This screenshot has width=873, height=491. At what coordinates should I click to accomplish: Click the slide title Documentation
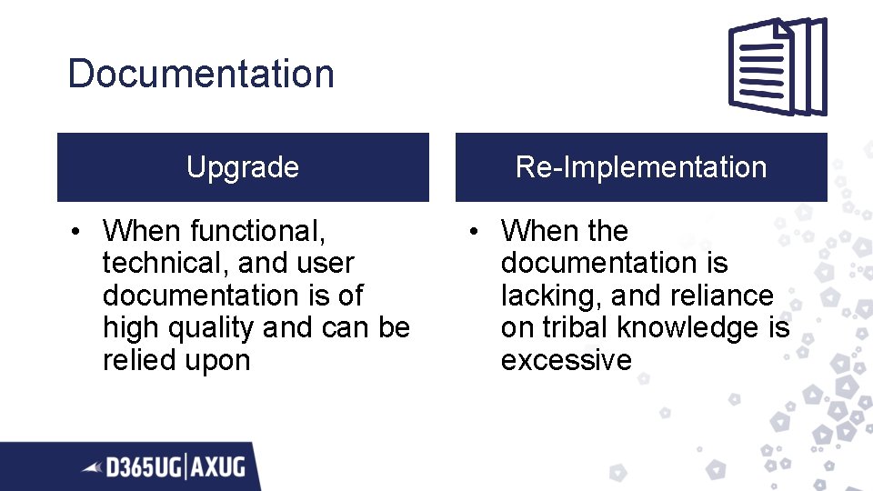click(x=201, y=74)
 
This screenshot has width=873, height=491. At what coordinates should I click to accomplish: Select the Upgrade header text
click(x=243, y=167)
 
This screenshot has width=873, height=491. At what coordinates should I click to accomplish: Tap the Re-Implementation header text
click(x=641, y=167)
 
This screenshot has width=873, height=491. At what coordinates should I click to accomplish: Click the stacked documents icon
click(x=778, y=67)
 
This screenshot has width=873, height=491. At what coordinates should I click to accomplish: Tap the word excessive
click(x=566, y=361)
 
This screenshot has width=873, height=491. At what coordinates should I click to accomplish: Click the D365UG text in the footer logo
click(x=143, y=468)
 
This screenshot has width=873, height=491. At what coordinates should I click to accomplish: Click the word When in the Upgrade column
click(x=141, y=231)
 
